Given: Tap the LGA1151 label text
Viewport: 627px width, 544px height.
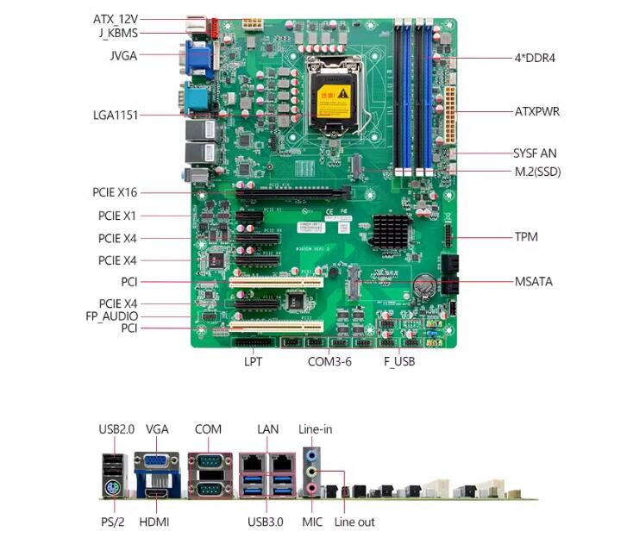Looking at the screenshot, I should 116,115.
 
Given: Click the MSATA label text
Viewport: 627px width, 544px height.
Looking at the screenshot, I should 534,281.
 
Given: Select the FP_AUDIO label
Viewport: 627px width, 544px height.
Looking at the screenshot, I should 113,316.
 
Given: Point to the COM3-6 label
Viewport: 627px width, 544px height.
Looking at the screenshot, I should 329,361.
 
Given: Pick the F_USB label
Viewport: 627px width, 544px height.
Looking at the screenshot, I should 399,361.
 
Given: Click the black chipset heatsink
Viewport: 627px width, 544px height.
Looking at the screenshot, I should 390,230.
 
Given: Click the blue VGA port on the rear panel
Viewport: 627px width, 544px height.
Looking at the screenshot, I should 156,463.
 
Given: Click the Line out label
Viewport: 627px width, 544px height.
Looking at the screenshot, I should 354,522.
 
